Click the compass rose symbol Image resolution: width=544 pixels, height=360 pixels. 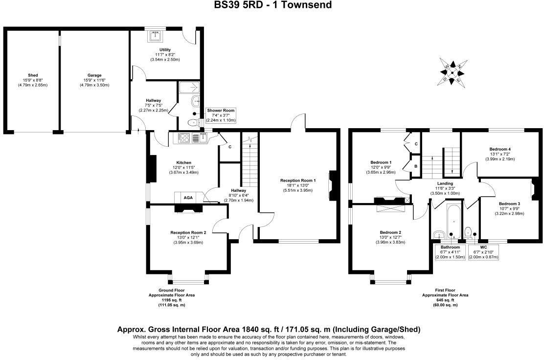click(x=453, y=72)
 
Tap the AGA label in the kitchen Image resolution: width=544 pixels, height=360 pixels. click(x=188, y=197)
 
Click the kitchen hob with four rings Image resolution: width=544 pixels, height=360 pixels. click(x=184, y=138)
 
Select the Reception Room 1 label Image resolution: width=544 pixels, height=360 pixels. click(x=298, y=180)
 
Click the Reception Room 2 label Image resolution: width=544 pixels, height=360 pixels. click(x=188, y=232)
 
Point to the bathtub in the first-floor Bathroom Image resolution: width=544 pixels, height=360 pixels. click(x=452, y=220)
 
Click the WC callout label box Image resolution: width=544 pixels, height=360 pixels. click(x=483, y=252)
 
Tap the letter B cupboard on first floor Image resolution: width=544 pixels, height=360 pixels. click(x=415, y=166)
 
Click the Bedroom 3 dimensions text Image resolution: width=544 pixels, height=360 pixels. click(x=509, y=213)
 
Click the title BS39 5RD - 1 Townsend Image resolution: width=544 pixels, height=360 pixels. click(x=272, y=5)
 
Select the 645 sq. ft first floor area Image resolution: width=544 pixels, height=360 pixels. click(x=445, y=300)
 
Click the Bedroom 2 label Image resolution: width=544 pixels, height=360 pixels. click(x=390, y=232)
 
